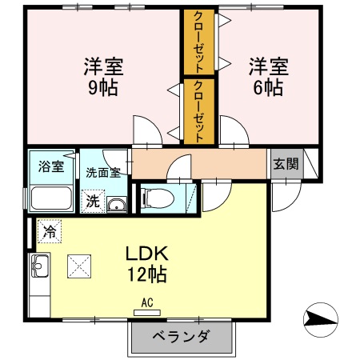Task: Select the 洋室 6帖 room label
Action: pos(263,76)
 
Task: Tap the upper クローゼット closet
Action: pos(199,42)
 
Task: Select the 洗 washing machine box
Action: pos(93,202)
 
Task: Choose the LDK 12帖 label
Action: pos(145,263)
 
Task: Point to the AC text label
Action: pos(146,302)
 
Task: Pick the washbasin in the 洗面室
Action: pos(117,203)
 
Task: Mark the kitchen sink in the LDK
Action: pos(40,264)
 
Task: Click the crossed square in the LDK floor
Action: pos(80,263)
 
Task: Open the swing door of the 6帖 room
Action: pos(232,130)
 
